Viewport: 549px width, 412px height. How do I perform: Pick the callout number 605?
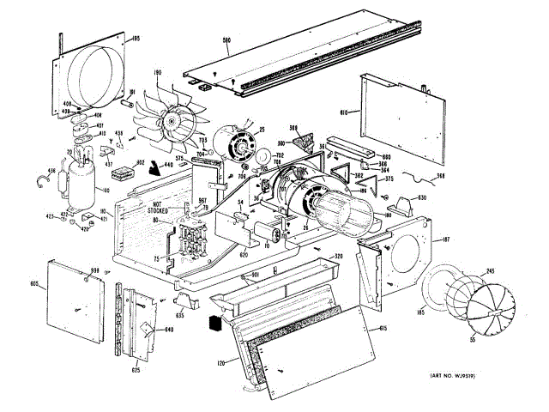point(34,283)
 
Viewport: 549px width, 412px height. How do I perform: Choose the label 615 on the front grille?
point(382,329)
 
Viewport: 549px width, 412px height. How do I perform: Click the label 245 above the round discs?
point(490,270)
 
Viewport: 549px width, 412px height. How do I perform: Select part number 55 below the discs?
point(470,342)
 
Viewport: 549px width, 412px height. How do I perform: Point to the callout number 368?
point(441,178)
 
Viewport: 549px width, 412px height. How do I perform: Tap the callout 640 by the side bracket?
point(169,327)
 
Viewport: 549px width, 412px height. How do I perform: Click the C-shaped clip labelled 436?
point(41,180)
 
